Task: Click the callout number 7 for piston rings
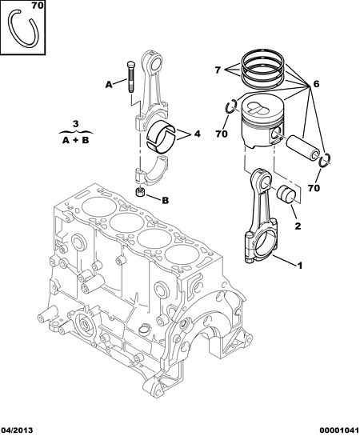[218, 70]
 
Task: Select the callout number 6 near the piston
[316, 84]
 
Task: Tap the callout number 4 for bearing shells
[197, 134]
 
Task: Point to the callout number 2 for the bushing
[298, 226]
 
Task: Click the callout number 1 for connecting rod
[299, 266]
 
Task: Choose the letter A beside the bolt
[109, 85]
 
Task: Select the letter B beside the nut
[165, 200]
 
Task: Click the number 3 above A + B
[76, 124]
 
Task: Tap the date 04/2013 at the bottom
[17, 430]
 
